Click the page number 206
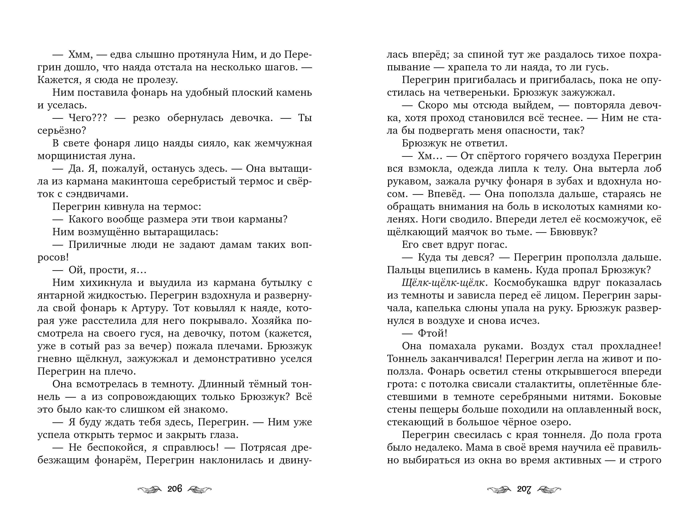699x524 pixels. coord(175,489)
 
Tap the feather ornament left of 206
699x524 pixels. coord(150,489)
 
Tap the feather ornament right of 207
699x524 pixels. coord(549,489)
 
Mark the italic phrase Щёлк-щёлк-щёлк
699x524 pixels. coord(443,283)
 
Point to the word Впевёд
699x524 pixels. coord(446,194)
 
